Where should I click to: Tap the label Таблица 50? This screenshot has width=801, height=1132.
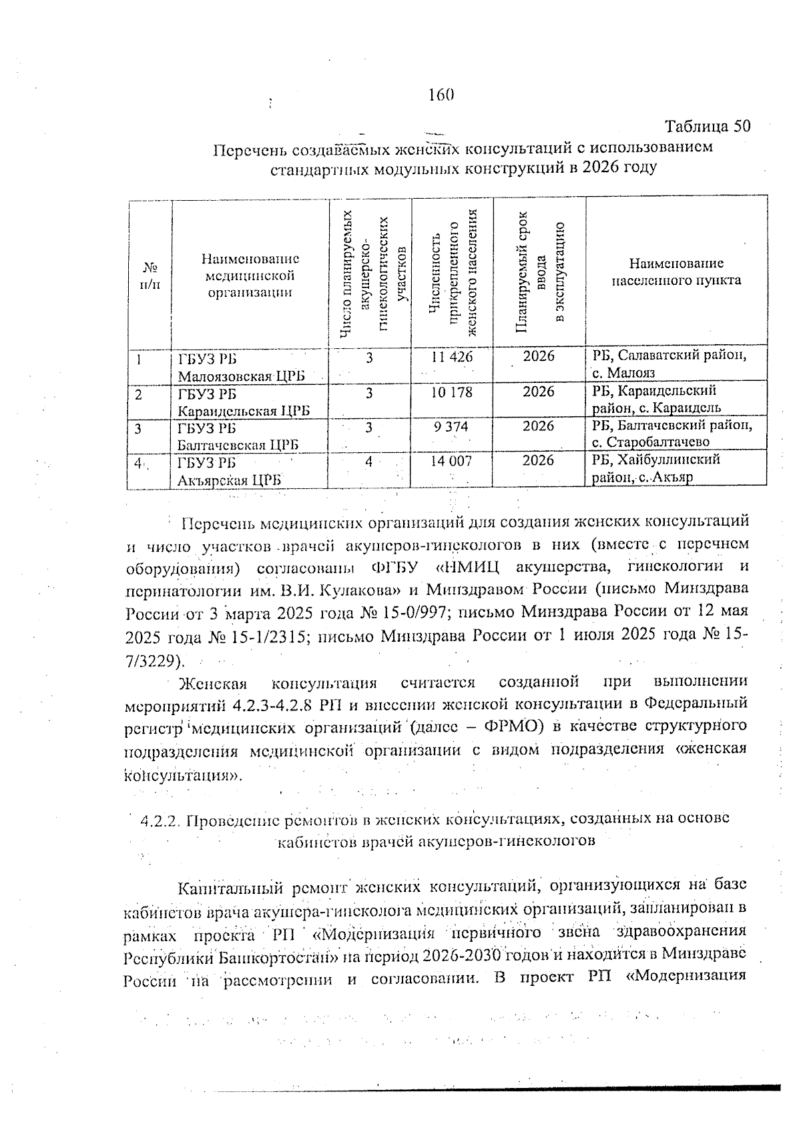point(708,126)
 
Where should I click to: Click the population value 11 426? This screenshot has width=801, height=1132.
point(452,357)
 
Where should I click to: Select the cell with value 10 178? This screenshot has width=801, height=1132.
point(452,392)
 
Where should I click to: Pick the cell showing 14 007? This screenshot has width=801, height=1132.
point(452,461)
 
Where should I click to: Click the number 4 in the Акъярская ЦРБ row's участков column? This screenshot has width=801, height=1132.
point(368,461)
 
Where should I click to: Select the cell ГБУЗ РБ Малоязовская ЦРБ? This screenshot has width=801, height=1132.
point(240,367)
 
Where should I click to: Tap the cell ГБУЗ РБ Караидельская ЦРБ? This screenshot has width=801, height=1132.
point(243,402)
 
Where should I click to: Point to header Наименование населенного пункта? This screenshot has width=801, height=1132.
point(676,272)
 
